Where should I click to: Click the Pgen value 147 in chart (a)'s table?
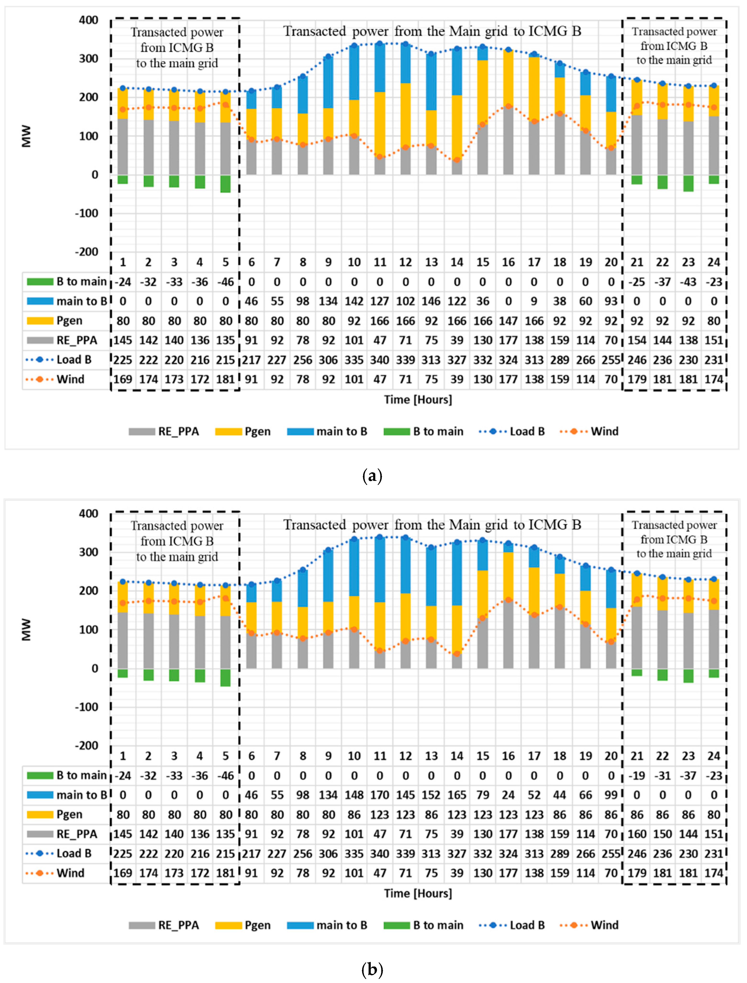(508, 321)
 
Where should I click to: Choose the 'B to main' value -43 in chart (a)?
(688, 282)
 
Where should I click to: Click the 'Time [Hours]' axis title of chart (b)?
(418, 893)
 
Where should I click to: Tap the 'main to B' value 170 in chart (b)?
(380, 795)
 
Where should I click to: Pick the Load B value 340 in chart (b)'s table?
(380, 854)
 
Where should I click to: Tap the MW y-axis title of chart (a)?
(27, 136)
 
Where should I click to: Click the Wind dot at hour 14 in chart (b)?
(457, 654)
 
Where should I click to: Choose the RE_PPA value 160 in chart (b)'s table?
(637, 834)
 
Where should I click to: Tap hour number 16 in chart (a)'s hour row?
(508, 262)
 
